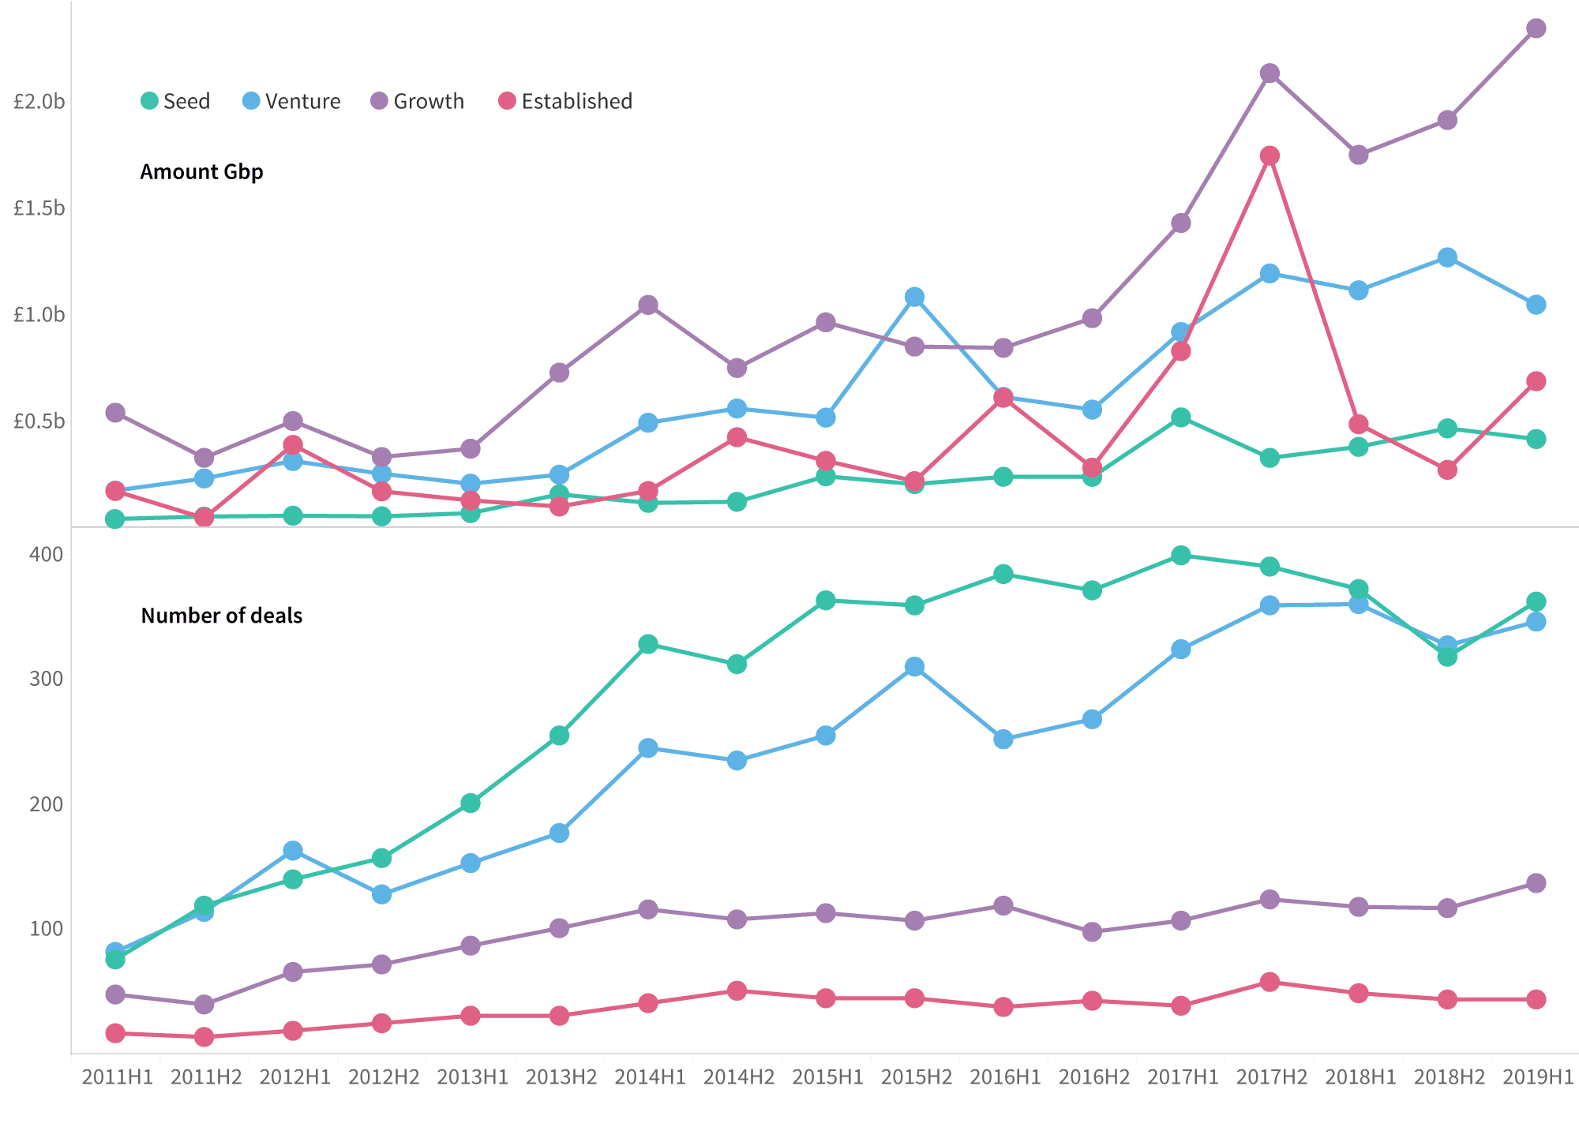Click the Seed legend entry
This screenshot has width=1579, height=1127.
click(x=175, y=101)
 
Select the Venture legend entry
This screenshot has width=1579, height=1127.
click(x=291, y=101)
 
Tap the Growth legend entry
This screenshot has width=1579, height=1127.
click(x=418, y=101)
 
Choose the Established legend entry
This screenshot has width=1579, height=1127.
click(x=565, y=101)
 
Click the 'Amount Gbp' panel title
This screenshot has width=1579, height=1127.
click(x=201, y=172)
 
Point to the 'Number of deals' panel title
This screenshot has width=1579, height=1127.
click(x=221, y=616)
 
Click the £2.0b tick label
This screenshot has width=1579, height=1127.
click(x=39, y=102)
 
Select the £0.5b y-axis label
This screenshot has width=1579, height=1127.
click(x=39, y=421)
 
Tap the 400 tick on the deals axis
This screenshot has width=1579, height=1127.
click(x=47, y=555)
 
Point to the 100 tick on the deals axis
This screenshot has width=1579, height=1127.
click(x=47, y=929)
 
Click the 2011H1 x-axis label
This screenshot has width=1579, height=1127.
click(x=118, y=1077)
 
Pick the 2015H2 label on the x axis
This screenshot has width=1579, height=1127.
click(x=917, y=1077)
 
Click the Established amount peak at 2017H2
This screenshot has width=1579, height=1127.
click(x=1270, y=155)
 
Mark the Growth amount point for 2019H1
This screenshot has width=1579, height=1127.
click(x=1536, y=28)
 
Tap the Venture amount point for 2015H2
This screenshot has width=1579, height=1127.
click(x=914, y=297)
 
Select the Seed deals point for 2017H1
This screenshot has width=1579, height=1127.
click(x=1181, y=556)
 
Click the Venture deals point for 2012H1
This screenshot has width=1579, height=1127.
click(x=293, y=851)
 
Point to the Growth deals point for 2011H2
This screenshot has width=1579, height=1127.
click(x=204, y=1005)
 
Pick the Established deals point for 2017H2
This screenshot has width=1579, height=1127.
click(x=1270, y=983)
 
